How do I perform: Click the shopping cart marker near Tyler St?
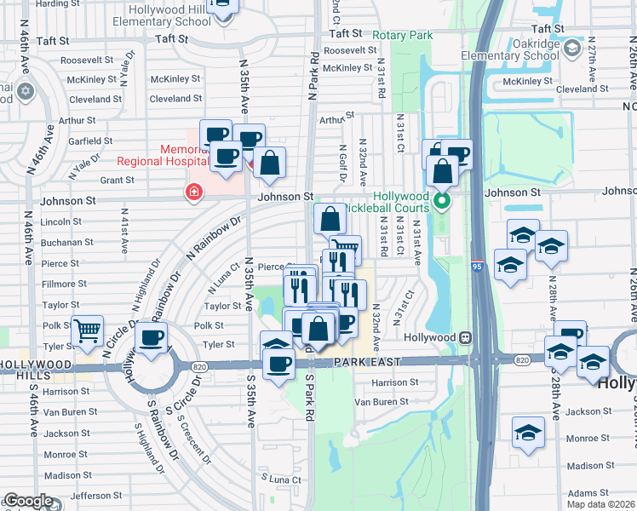[86, 330]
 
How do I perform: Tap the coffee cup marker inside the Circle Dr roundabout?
[152, 338]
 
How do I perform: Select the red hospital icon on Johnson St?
[194, 192]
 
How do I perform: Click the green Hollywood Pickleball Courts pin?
[442, 202]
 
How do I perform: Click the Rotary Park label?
[403, 35]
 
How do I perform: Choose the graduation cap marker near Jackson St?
[528, 432]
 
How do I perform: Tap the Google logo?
[28, 502]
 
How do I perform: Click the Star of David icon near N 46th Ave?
[25, 90]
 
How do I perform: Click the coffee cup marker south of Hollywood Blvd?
[278, 365]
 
